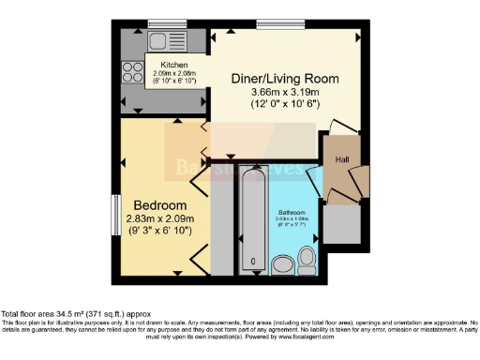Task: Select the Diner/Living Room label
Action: [x=285, y=78]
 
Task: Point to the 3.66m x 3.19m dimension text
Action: [x=285, y=93]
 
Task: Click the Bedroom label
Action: [x=159, y=205]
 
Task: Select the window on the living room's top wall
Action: [x=272, y=22]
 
